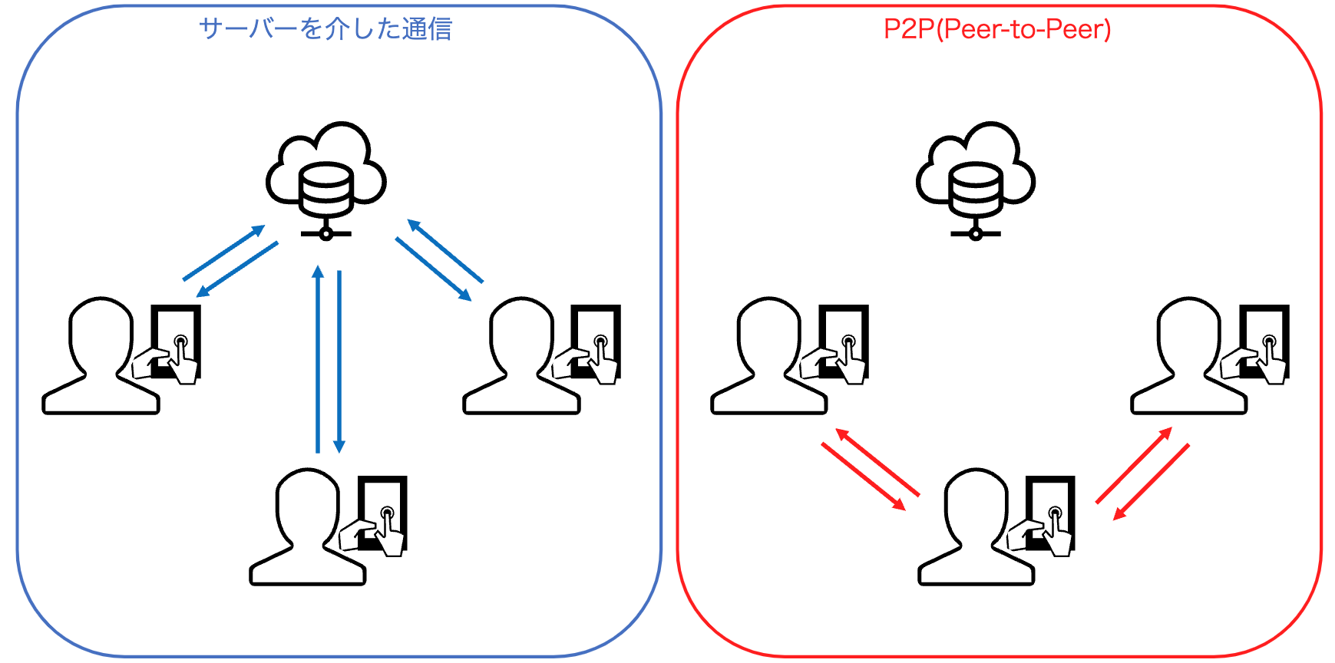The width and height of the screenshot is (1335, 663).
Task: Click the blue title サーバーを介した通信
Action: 325,29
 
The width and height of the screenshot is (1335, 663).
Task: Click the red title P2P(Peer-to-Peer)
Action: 996,29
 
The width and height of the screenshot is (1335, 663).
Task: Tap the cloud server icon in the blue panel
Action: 326,173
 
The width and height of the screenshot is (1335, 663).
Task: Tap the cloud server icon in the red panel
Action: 975,173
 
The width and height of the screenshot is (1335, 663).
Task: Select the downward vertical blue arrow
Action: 339,361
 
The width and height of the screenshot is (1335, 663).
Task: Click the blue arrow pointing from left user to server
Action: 223,253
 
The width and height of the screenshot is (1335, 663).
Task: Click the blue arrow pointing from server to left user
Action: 237,269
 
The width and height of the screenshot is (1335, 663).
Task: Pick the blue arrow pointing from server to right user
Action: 432,269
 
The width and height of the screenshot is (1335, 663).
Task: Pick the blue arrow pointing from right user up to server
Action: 445,251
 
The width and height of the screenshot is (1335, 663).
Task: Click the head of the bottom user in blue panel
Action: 307,506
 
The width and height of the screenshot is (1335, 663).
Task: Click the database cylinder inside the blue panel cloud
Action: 326,188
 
